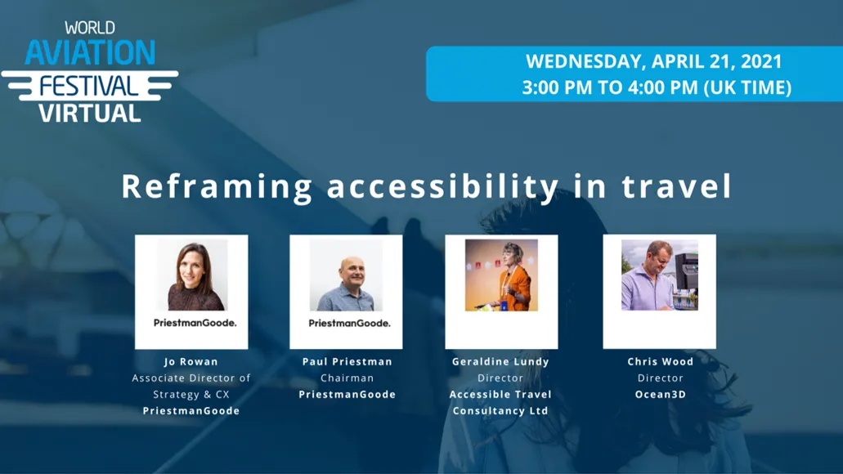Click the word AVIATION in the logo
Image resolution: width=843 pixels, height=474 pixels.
point(90,53)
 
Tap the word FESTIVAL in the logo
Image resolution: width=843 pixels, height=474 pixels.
point(89,85)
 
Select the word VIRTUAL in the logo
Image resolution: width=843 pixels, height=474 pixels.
point(90,112)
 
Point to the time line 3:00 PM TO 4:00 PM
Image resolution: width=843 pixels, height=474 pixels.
point(657,87)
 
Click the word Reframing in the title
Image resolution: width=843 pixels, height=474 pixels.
point(217,186)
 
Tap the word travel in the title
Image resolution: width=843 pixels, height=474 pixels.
point(676,186)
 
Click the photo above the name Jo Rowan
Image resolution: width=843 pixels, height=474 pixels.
point(191,275)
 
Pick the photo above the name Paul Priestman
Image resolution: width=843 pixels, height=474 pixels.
point(346,275)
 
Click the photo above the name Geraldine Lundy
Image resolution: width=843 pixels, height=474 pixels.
point(501,275)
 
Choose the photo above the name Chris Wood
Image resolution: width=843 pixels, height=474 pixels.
point(659,275)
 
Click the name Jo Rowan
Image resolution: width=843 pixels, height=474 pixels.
point(191,361)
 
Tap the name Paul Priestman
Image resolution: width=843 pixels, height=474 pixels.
point(347,361)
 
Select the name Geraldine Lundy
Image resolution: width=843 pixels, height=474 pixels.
point(500,361)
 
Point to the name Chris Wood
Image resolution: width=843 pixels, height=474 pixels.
point(660,361)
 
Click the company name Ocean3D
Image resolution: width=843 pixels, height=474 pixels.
point(660,394)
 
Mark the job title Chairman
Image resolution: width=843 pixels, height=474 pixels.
point(347,378)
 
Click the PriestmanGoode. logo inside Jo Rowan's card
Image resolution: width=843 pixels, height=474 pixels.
point(195,323)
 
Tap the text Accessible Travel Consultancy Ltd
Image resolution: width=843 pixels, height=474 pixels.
point(500,402)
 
